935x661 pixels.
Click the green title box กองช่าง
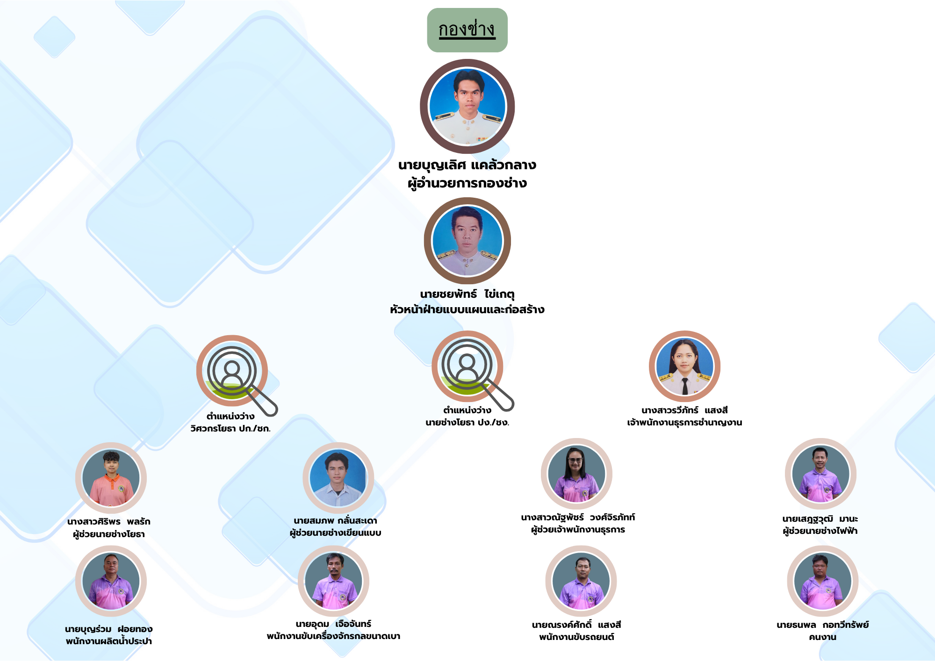coord(467,30)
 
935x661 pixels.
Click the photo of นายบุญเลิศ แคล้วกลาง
coord(467,107)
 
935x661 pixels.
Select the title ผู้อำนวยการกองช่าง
coord(467,183)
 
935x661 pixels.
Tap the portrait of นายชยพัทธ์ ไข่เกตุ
coord(467,241)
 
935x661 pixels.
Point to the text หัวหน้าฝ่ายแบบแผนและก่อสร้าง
coord(467,309)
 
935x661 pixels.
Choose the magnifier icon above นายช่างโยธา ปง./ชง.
coord(467,366)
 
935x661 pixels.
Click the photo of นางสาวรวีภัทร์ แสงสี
coord(684,366)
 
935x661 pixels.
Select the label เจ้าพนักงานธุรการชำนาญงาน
coord(684,423)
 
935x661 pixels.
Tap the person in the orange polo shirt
coord(111,478)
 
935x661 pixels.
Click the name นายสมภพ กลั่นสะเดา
coord(335,520)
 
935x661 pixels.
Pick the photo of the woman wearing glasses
coord(576,474)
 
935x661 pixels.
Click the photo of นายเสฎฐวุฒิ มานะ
coord(820,474)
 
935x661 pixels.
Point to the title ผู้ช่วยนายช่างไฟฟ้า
coord(820,531)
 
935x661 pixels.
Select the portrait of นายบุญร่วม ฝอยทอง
coord(111,581)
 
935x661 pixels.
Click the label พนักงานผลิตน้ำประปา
coord(109,641)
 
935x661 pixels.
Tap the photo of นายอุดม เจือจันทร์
coord(333,581)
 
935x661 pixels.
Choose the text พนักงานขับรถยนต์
coord(576,637)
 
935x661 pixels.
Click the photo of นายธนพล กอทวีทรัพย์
coord(822,581)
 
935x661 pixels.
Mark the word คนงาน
coord(822,637)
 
